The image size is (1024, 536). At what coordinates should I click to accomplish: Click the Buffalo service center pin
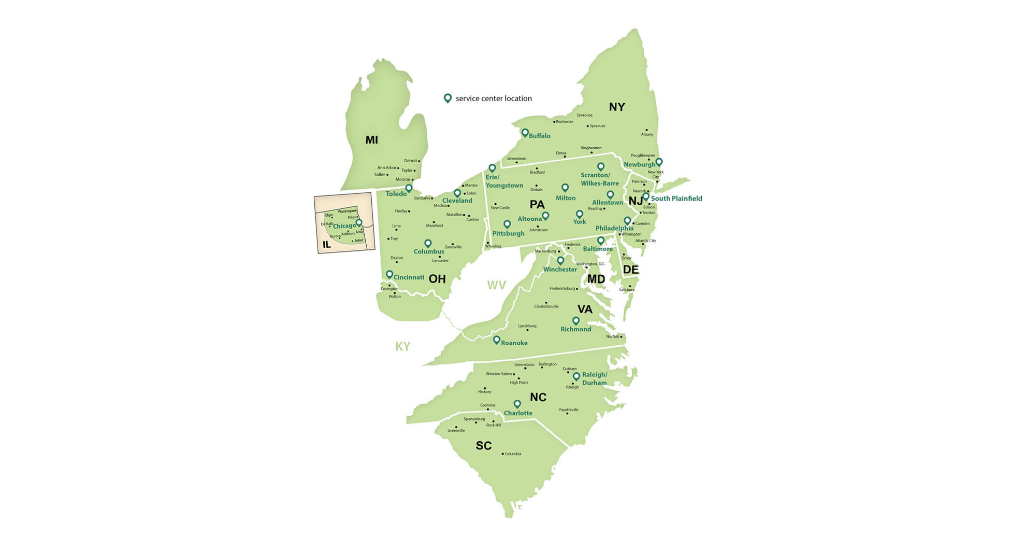click(525, 133)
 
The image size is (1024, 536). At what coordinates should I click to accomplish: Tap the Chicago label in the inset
click(344, 226)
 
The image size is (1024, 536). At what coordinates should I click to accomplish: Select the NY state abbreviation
click(617, 107)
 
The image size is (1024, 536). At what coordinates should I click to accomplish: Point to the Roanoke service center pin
click(496, 340)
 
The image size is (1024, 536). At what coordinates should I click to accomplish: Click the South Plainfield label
click(676, 199)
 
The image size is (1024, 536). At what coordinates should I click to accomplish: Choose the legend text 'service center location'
click(494, 98)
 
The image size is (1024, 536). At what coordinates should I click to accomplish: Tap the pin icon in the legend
click(448, 98)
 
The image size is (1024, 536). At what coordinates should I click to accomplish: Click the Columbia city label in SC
click(513, 454)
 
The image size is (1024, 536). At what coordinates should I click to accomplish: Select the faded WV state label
click(496, 285)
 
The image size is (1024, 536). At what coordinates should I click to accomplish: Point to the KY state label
click(402, 347)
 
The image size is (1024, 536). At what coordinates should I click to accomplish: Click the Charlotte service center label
click(518, 413)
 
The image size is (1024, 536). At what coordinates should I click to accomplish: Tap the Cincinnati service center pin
click(390, 274)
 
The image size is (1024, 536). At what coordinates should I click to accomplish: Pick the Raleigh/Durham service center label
click(594, 379)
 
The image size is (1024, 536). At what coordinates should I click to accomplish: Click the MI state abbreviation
click(371, 140)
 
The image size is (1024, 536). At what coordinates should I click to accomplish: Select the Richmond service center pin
click(575, 321)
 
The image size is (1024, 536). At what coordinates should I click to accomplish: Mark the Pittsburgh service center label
click(508, 233)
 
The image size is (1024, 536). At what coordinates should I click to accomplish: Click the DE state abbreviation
click(630, 270)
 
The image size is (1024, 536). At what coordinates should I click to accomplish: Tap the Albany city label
click(647, 134)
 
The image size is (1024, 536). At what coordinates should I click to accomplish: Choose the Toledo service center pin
click(409, 188)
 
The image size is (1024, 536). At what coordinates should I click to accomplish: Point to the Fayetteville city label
click(569, 410)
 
